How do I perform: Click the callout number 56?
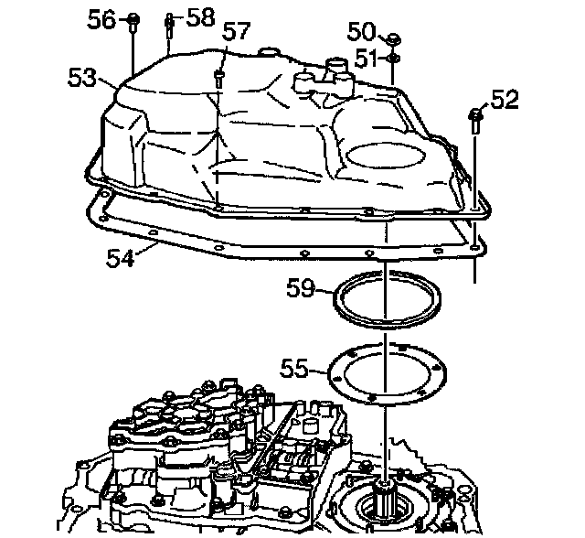(102, 19)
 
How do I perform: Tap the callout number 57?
(237, 31)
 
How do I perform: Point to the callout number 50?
(361, 30)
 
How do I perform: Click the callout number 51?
(366, 58)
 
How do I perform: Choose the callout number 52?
(505, 99)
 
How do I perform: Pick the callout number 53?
(82, 78)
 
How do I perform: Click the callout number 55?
(294, 370)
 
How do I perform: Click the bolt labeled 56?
(133, 20)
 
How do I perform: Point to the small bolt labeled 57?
(219, 77)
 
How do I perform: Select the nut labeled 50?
(392, 39)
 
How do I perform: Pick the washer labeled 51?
(392, 59)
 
